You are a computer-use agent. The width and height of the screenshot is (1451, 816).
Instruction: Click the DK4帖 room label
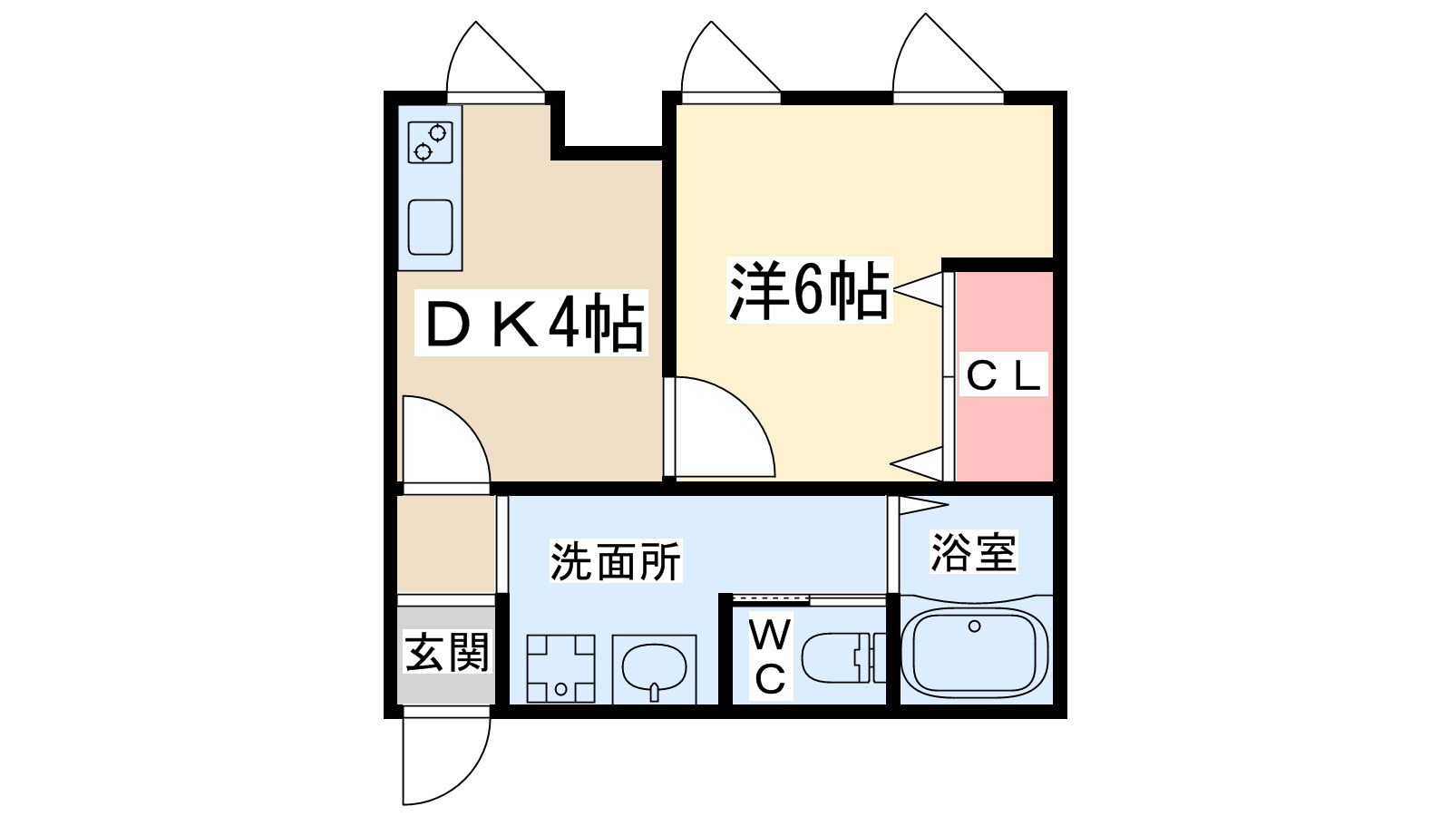click(x=533, y=324)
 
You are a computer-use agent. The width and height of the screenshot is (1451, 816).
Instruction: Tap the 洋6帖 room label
click(x=809, y=291)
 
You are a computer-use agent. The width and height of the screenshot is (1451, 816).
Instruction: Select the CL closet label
click(x=1002, y=374)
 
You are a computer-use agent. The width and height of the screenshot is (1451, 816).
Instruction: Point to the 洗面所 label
click(x=616, y=561)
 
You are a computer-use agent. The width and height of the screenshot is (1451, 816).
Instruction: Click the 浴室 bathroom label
click(x=973, y=551)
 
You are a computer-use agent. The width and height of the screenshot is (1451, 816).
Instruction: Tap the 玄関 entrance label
click(x=447, y=652)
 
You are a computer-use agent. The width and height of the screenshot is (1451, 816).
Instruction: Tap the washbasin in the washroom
click(x=654, y=669)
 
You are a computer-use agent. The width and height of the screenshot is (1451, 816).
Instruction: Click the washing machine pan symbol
click(x=561, y=668)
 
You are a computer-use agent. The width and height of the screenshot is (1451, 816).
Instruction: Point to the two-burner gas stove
click(x=430, y=142)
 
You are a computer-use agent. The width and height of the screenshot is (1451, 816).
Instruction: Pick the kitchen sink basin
click(x=430, y=227)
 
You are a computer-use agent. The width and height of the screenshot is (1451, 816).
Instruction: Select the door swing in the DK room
click(x=442, y=442)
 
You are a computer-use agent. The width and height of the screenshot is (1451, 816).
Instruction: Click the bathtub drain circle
click(x=975, y=627)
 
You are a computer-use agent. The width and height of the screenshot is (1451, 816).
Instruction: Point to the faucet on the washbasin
click(x=654, y=694)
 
